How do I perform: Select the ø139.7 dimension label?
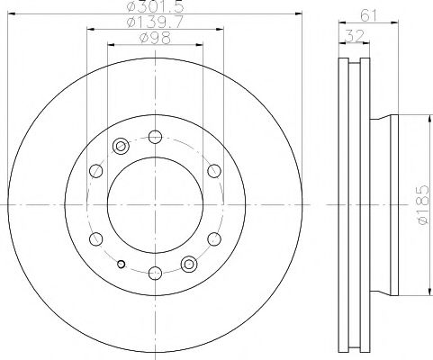154,21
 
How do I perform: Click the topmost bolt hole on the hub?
154,137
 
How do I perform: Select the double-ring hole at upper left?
121,147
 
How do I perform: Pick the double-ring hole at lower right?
188,264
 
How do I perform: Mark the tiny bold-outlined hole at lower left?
121,264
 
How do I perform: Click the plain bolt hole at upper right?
214,171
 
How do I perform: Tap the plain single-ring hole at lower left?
95,239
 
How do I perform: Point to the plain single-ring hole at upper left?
95,171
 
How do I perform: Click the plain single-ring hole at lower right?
214,239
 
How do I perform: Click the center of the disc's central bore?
154,205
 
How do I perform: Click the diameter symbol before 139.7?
131,21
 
